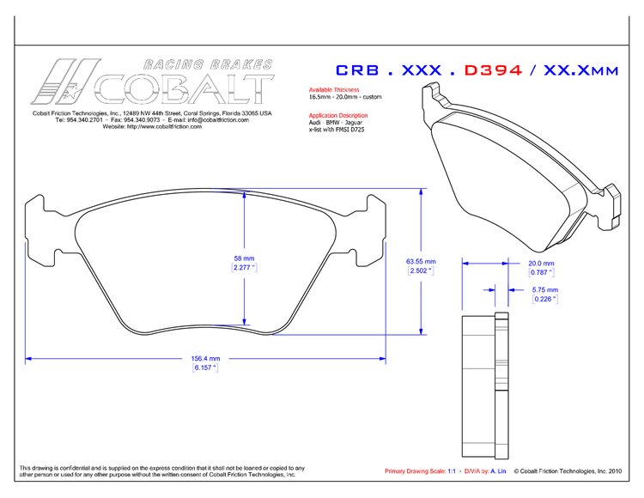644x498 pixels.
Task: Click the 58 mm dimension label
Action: [x=245, y=258]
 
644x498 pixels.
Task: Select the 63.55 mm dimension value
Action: [x=421, y=261]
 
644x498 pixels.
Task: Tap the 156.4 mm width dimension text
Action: [x=204, y=358]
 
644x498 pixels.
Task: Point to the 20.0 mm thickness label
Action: [x=539, y=264]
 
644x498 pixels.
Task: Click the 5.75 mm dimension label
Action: [x=545, y=290]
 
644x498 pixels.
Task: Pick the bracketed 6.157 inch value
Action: [x=204, y=367]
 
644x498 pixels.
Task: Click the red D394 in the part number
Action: [x=493, y=70]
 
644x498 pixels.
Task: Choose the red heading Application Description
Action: [x=337, y=115]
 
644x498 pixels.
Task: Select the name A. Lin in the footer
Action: [x=499, y=471]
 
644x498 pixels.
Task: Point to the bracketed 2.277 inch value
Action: [x=245, y=267]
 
